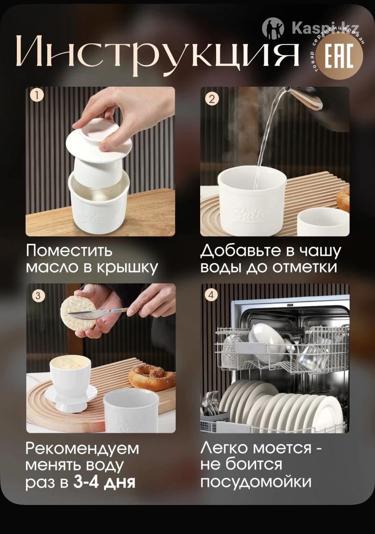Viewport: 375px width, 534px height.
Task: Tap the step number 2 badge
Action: click(x=212, y=99)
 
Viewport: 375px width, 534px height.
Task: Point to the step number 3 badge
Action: click(x=38, y=296)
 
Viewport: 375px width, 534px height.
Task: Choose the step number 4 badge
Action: click(x=211, y=295)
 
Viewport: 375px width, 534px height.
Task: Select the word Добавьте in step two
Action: click(x=243, y=251)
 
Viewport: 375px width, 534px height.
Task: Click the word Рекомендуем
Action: click(x=82, y=449)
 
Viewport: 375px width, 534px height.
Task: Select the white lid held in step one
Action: click(x=99, y=141)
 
